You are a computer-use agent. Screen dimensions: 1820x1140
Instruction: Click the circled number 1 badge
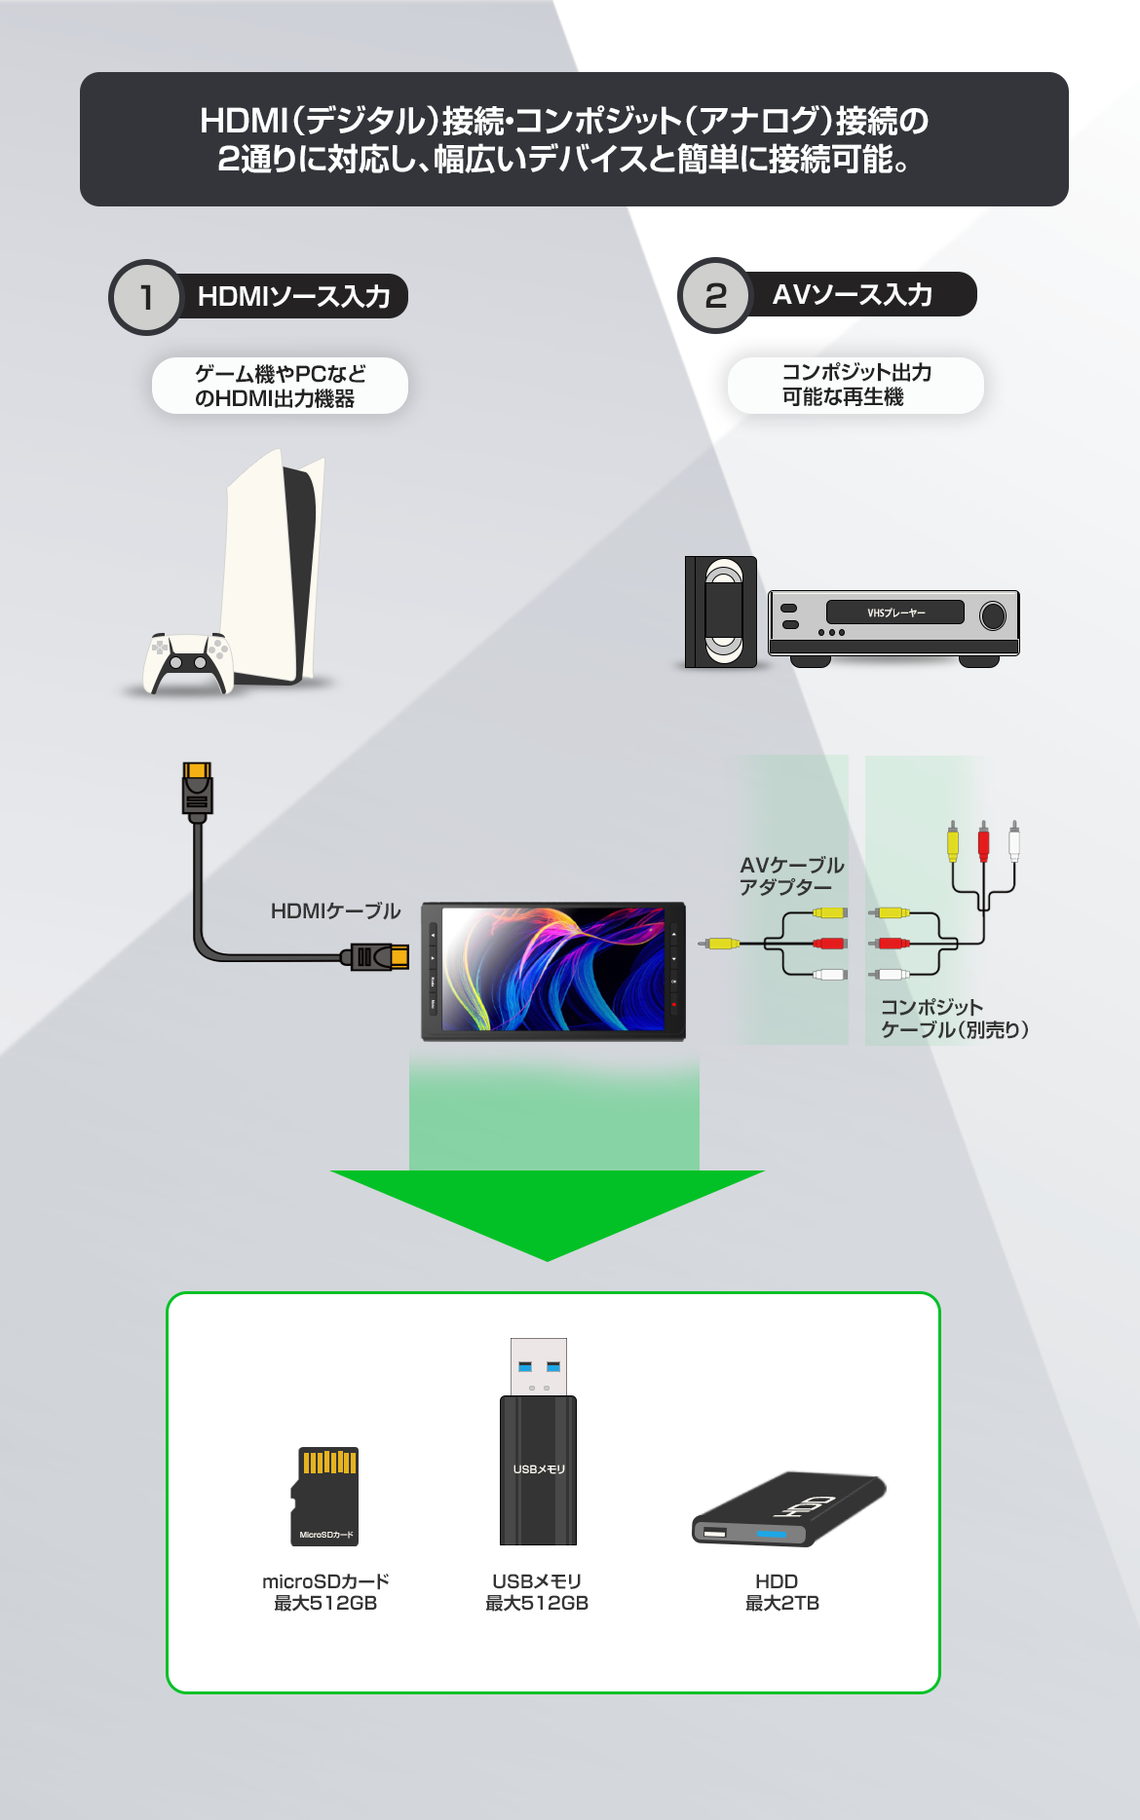(146, 297)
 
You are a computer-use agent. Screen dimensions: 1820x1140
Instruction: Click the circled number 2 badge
(715, 295)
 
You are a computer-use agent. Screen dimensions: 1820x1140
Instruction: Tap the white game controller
(188, 664)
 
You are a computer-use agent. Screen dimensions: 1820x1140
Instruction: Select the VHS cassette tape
(722, 613)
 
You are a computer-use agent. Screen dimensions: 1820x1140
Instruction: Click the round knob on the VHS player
(992, 615)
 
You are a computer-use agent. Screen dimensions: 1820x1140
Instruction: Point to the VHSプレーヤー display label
(894, 613)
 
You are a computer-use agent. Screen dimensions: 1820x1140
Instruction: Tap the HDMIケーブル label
(335, 911)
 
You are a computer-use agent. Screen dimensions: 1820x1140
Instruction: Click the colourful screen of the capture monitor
(552, 969)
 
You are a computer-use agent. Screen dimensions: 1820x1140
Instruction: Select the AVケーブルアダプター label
(790, 875)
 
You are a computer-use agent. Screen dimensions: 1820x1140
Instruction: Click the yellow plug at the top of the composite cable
(952, 842)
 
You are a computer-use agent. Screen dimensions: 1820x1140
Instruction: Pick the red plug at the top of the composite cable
(983, 842)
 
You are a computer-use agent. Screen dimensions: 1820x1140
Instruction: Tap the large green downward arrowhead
(548, 1212)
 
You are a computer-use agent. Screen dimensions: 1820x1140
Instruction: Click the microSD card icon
(326, 1496)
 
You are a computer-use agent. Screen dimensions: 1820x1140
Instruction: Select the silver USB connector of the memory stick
(539, 1366)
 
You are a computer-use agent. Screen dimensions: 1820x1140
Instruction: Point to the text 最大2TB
(781, 1603)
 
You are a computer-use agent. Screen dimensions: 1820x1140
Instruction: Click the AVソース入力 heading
(853, 295)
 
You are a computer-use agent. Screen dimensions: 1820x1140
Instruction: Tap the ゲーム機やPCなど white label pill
(280, 386)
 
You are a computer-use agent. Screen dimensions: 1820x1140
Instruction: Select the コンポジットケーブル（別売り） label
(954, 1019)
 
